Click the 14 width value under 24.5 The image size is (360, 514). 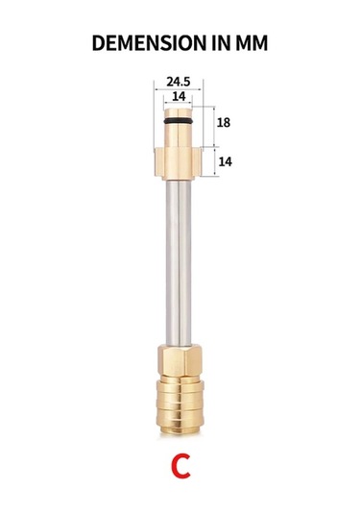pyautogui.click(x=180, y=97)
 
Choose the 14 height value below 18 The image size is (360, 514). pyautogui.click(x=226, y=161)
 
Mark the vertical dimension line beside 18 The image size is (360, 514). pyautogui.click(x=212, y=123)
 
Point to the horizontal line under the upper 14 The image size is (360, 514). pyautogui.click(x=180, y=104)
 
